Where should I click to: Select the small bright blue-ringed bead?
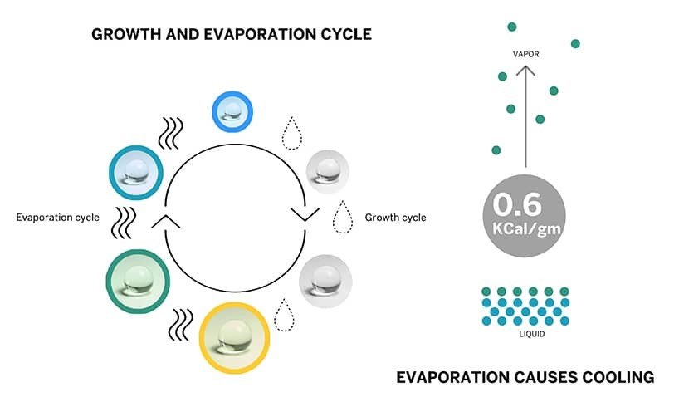[x=232, y=111]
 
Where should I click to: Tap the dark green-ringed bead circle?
[x=138, y=282]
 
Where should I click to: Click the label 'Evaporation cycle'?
[x=57, y=217]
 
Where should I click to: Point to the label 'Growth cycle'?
[x=395, y=217]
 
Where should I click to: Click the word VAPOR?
[x=525, y=54]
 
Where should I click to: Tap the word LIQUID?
[x=532, y=334]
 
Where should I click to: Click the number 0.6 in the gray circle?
[x=517, y=203]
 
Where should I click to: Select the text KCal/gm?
[x=526, y=228]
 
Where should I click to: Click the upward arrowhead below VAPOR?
[x=525, y=71]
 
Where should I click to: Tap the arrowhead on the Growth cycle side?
[x=305, y=214]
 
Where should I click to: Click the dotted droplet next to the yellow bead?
[x=284, y=315]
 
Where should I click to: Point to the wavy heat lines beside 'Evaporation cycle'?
[x=124, y=223]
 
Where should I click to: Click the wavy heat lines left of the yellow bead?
[x=181, y=325]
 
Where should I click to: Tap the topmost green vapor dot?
[x=512, y=27]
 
